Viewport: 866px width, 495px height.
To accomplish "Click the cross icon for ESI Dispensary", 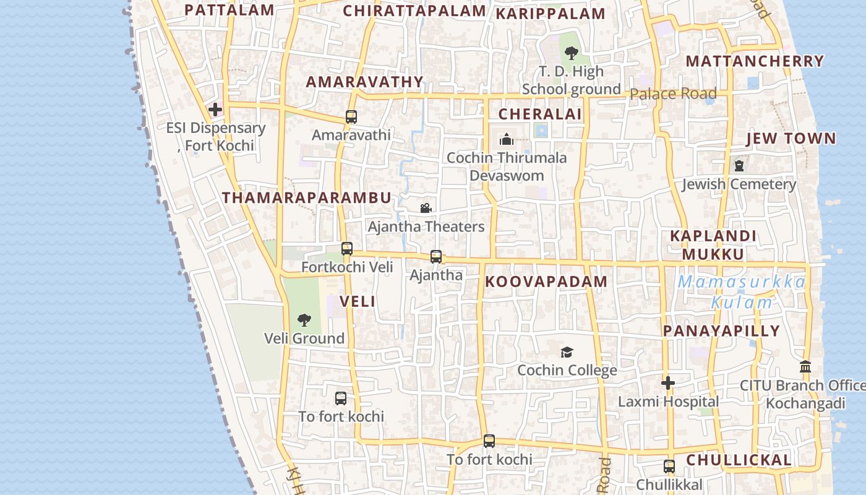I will [215, 110].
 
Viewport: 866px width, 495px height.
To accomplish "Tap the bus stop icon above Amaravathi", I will [351, 116].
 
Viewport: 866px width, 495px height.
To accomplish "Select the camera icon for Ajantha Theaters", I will [426, 209].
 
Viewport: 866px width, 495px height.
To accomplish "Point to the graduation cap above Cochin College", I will [567, 353].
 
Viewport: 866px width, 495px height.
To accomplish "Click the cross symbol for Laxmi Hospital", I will [667, 383].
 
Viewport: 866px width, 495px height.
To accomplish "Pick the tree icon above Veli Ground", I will [304, 320].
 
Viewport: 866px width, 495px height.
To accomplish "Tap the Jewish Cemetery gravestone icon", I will [739, 166].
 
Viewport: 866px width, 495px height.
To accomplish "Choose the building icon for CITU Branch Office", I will [805, 367].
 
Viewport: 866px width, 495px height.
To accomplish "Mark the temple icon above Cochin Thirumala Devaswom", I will [507, 139].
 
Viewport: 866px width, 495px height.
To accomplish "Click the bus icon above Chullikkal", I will [669, 466].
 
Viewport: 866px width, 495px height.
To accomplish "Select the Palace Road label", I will [673, 94].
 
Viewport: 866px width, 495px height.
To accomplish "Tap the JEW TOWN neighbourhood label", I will [791, 139].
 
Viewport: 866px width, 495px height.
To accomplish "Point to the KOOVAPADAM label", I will [546, 282].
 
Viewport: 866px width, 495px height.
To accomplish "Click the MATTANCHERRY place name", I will [755, 61].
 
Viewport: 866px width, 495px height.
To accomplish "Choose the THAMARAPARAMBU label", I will [307, 198].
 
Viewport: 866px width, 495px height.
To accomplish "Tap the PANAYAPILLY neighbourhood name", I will [721, 331].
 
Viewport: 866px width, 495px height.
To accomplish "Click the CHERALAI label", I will [540, 114].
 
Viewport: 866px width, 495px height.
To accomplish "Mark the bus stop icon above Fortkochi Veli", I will [347, 249].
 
